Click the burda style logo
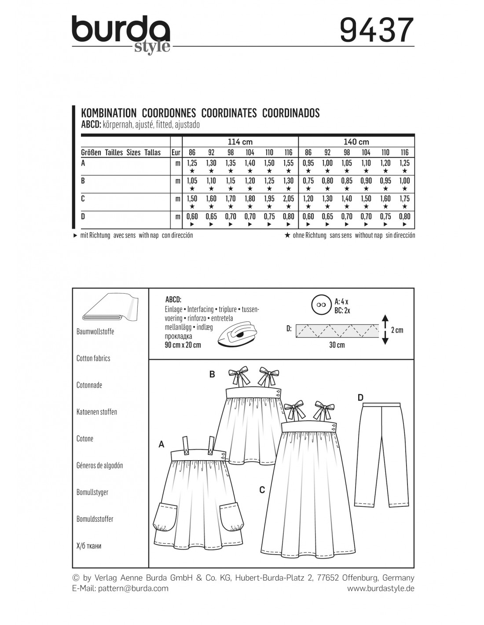pyautogui.click(x=121, y=34)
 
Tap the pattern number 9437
pyautogui.click(x=377, y=30)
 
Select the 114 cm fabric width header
pyautogui.click(x=240, y=142)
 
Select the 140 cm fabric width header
pyautogui.click(x=356, y=142)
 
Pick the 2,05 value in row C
pyautogui.click(x=288, y=199)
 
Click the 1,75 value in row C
pyautogui.click(x=404, y=199)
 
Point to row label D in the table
pyautogui.click(x=83, y=217)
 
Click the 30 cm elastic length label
pyautogui.click(x=337, y=345)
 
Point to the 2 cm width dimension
pyautogui.click(x=396, y=330)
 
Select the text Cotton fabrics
pyautogui.click(x=93, y=358)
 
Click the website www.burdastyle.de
pyautogui.click(x=381, y=588)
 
